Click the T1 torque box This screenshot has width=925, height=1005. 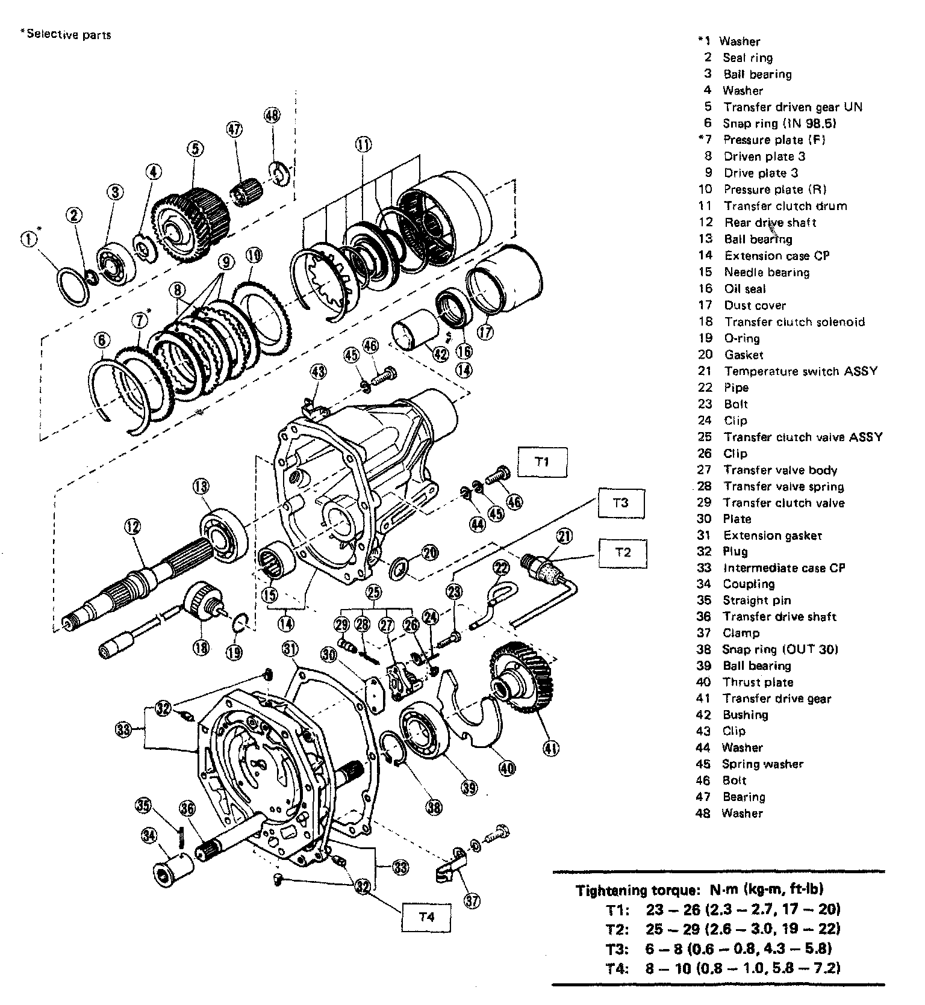[542, 462]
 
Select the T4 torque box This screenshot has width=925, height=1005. [426, 917]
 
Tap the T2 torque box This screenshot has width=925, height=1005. [623, 552]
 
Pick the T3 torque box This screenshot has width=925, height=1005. [621, 502]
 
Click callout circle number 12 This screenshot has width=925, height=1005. [132, 527]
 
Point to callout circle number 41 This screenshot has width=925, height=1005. [550, 748]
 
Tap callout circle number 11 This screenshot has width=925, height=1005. [363, 144]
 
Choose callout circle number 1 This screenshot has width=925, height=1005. [28, 239]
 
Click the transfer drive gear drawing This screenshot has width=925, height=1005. [523, 677]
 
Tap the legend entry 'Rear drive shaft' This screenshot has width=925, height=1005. [770, 223]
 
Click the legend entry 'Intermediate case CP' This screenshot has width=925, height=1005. [783, 567]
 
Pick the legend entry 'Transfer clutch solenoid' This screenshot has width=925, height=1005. [794, 321]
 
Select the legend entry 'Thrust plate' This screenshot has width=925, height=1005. [758, 682]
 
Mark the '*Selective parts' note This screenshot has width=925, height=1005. [66, 34]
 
